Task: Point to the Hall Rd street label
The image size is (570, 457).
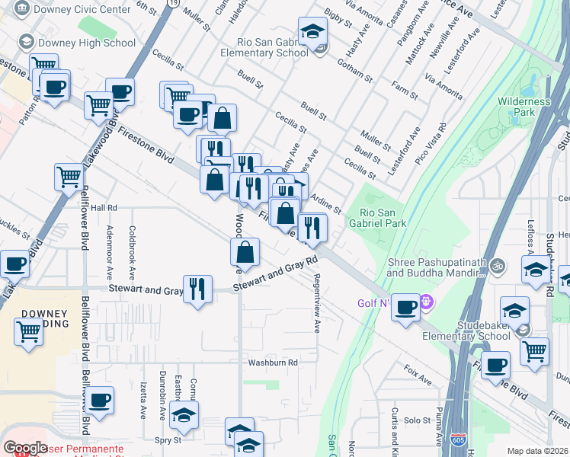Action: [x=104, y=207]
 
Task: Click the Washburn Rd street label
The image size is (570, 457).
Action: [x=272, y=363]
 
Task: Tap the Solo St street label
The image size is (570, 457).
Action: [x=418, y=420]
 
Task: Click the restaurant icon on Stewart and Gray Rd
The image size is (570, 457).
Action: [x=197, y=288]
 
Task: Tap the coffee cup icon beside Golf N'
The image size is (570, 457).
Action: [x=406, y=306]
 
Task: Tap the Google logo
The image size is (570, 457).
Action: [x=25, y=448]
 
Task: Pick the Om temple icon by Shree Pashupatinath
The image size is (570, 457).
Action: [x=498, y=266]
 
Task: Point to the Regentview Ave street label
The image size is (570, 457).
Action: [x=316, y=303]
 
